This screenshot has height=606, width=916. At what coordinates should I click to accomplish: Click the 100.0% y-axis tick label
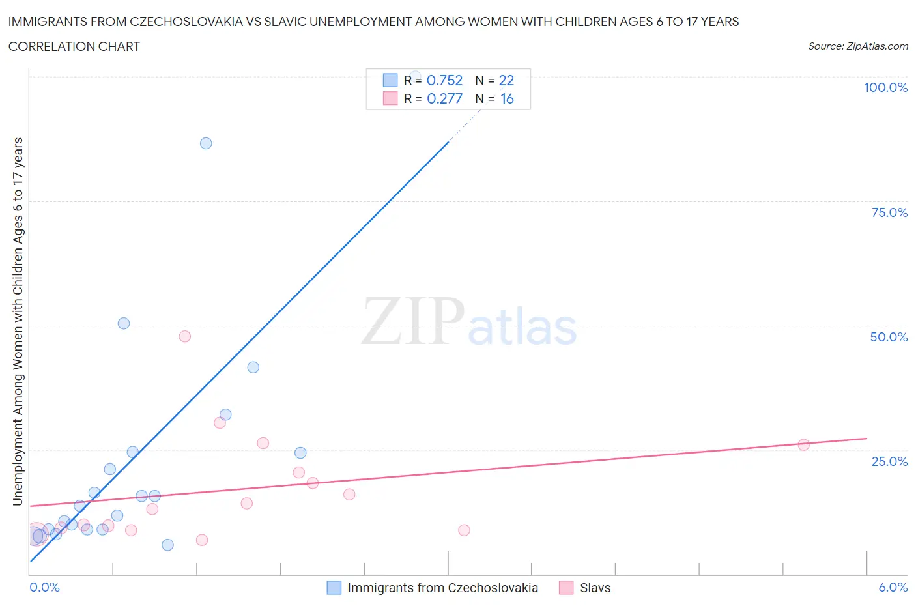click(885, 87)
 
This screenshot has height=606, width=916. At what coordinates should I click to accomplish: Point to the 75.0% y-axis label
click(889, 212)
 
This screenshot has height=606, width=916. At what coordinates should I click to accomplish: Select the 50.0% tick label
click(889, 337)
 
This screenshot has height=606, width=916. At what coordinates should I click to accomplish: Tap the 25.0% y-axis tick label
click(889, 461)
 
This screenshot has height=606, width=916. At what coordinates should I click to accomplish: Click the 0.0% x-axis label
click(44, 587)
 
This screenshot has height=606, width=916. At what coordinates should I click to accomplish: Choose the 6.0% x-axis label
click(893, 587)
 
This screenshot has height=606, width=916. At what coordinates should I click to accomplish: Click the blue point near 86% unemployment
click(206, 143)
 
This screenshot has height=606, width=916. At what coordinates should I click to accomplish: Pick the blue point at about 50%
click(124, 323)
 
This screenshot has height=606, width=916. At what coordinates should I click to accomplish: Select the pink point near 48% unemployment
click(185, 336)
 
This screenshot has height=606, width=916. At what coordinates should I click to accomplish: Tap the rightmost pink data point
click(804, 445)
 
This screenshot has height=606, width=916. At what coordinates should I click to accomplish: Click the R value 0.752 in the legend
click(444, 80)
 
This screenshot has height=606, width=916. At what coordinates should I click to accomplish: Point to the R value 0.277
click(444, 98)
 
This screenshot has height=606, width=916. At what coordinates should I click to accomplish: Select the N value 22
click(506, 80)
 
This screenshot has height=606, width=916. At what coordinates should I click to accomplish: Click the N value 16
click(507, 98)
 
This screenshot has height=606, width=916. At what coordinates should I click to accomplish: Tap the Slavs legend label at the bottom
click(595, 588)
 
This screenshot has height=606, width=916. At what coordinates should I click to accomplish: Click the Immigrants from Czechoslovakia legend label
click(442, 588)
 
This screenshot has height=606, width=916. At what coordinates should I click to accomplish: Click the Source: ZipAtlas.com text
click(857, 46)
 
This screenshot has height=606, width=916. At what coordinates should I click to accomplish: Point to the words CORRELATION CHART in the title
click(74, 46)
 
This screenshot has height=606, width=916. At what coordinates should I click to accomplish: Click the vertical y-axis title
click(18, 322)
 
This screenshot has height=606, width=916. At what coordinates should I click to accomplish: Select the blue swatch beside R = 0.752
click(390, 80)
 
